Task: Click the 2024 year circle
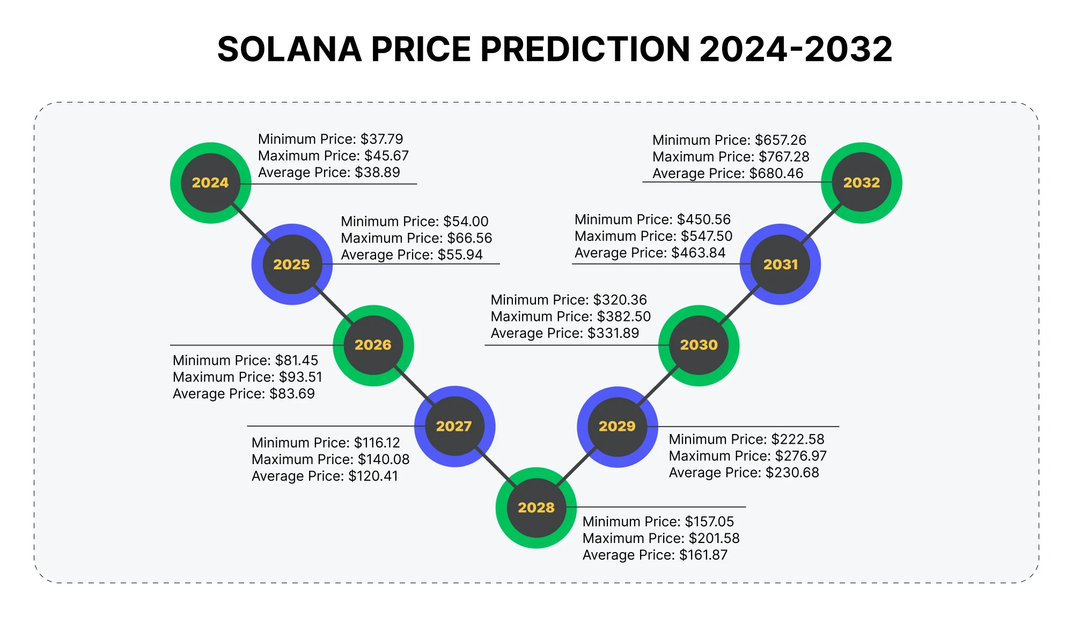(210, 183)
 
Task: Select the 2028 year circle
(536, 508)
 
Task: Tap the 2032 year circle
(862, 183)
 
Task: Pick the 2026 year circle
(373, 345)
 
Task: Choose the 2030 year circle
(699, 345)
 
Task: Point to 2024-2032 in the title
(796, 49)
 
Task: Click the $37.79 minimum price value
(381, 139)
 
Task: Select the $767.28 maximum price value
(784, 157)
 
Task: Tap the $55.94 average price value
(460, 255)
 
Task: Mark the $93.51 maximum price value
(300, 377)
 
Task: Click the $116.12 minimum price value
(377, 443)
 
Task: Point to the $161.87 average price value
(703, 555)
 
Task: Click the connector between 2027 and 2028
(495, 467)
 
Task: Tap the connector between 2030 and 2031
(739, 304)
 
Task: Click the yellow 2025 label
(291, 265)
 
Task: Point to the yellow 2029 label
(617, 427)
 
